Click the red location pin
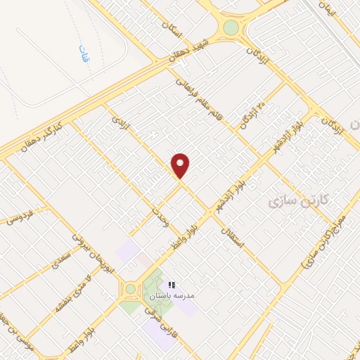click(181, 165)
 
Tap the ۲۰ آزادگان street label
click(253, 110)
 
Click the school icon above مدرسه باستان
click(171, 285)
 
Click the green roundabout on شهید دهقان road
click(231, 28)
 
